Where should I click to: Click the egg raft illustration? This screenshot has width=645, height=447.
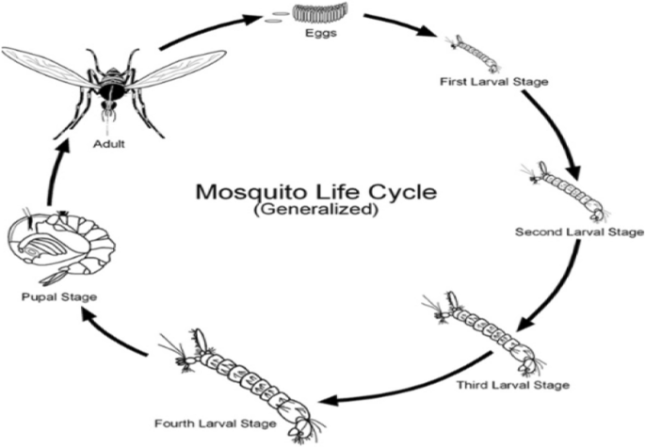[319, 13]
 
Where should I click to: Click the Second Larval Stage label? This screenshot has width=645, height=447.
[579, 231]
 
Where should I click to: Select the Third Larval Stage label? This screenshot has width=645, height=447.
[513, 384]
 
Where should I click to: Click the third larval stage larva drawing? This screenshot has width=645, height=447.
[490, 334]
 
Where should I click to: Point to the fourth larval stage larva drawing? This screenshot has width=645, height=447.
[250, 377]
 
